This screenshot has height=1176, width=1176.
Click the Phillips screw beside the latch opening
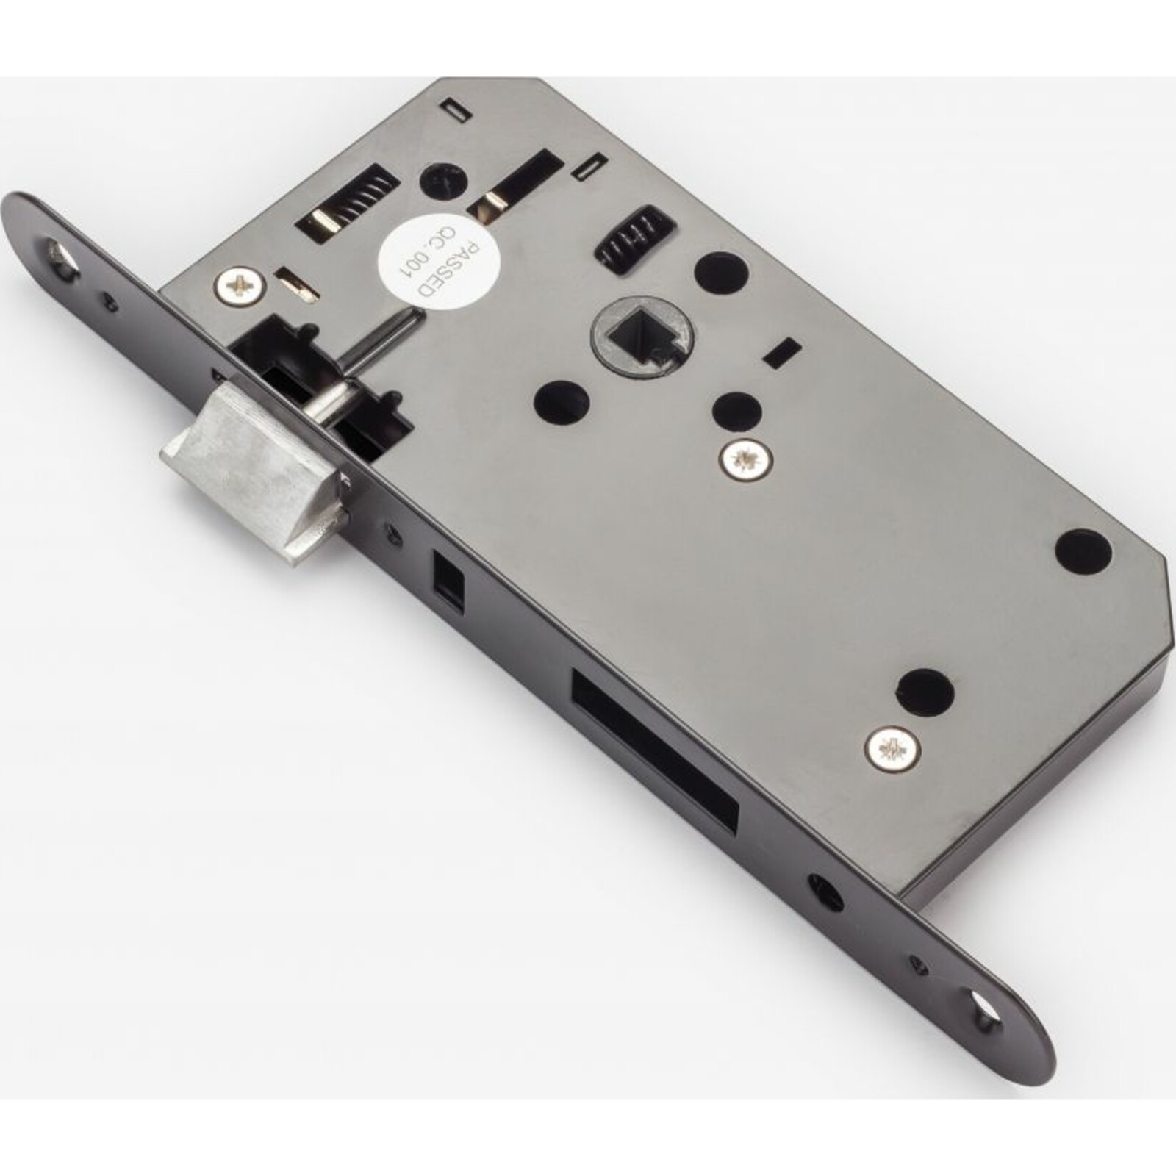coord(240,285)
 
